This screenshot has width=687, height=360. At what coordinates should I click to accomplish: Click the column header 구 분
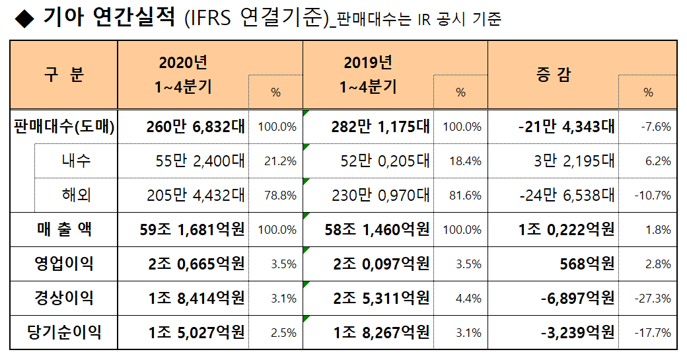click(x=64, y=74)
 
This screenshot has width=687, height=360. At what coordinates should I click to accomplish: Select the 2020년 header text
click(x=183, y=63)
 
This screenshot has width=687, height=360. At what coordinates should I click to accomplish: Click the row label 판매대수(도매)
click(x=64, y=127)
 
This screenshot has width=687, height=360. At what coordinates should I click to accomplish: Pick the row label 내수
click(x=77, y=161)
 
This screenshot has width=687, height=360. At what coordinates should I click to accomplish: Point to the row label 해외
click(x=77, y=196)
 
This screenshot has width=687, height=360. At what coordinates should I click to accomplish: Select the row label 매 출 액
click(x=64, y=230)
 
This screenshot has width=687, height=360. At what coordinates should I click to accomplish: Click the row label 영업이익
click(x=64, y=264)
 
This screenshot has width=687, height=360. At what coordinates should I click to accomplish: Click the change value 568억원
click(x=587, y=264)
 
